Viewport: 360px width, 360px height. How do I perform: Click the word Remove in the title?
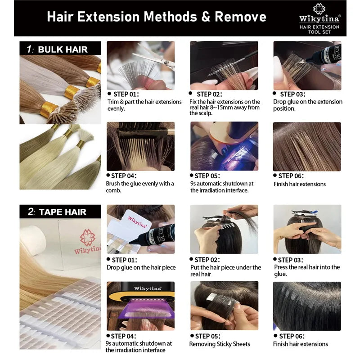(240, 17)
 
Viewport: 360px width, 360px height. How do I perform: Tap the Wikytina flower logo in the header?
(319, 9)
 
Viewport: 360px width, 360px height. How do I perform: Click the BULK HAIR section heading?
(63, 49)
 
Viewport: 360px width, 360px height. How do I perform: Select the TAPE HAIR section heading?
(63, 212)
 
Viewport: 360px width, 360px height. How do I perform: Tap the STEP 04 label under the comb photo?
(123, 176)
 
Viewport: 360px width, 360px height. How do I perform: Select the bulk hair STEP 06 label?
(291, 176)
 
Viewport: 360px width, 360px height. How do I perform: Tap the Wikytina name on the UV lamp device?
(148, 288)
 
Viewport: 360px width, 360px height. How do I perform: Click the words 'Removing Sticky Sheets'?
(220, 344)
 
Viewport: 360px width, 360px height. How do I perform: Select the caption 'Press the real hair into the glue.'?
(307, 270)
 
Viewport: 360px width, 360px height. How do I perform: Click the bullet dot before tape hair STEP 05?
(192, 336)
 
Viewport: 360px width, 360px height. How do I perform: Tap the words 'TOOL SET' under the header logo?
(319, 32)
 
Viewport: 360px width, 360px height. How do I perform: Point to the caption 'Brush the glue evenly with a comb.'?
(140, 187)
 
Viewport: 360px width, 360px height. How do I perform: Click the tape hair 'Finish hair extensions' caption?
(300, 344)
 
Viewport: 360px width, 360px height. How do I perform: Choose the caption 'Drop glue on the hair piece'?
(141, 267)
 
